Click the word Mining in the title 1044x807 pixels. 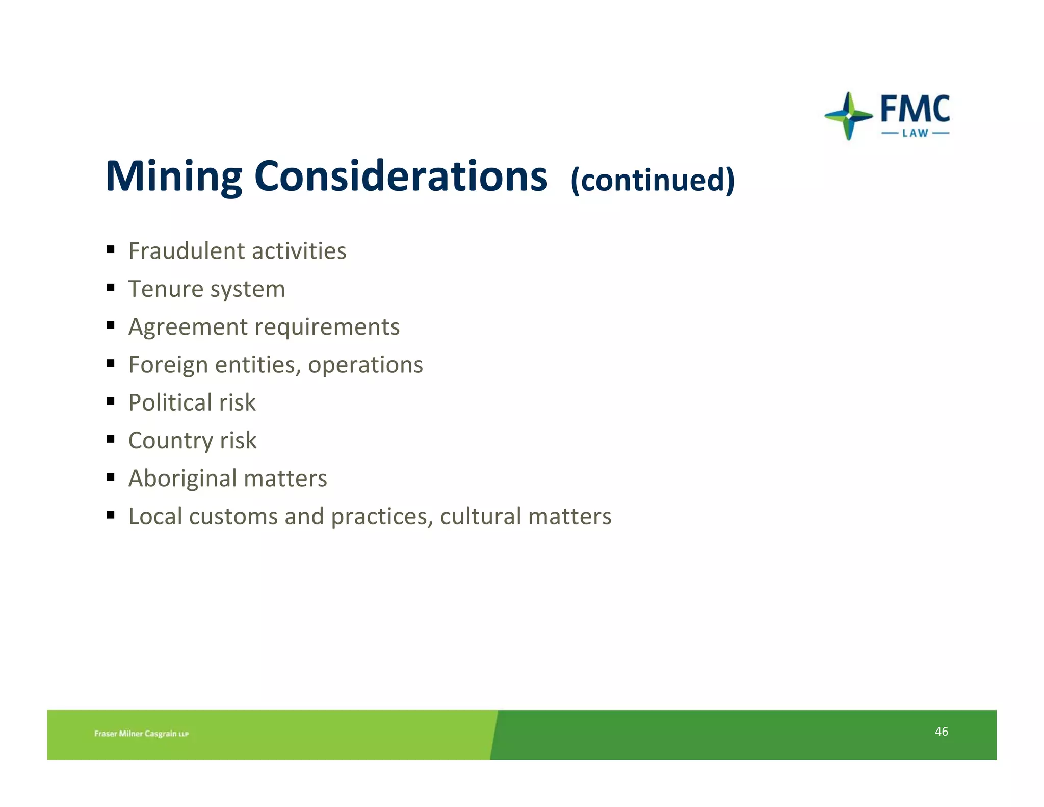(173, 176)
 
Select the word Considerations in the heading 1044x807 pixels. (401, 176)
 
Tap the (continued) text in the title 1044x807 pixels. (652, 180)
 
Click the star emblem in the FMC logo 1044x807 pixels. (848, 116)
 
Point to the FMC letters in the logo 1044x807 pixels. (915, 109)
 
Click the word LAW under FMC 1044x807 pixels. (915, 133)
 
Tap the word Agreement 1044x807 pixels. (188, 327)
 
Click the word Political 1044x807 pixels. (170, 402)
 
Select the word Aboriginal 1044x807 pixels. (182, 478)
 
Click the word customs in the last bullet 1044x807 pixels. (233, 516)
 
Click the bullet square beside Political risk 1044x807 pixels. (111, 401)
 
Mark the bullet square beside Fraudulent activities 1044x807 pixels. (111, 250)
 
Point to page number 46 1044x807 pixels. (941, 732)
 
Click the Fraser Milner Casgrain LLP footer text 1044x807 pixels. (141, 734)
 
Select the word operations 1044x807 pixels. (365, 365)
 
